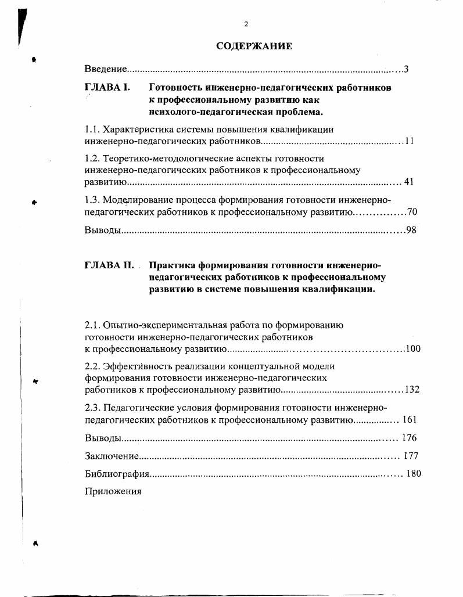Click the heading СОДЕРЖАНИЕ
pyautogui.click(x=254, y=46)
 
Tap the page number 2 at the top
pyautogui.click(x=246, y=24)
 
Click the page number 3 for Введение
pyautogui.click(x=407, y=70)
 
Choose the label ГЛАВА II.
pyautogui.click(x=109, y=265)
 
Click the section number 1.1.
pyautogui.click(x=93, y=129)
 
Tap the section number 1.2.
pyautogui.click(x=93, y=158)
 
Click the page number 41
pyautogui.click(x=408, y=182)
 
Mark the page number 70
pyautogui.click(x=412, y=212)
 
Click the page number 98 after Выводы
pyautogui.click(x=411, y=231)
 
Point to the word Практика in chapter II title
pyautogui.click(x=173, y=265)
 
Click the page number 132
pyautogui.click(x=412, y=390)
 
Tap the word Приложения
pyautogui.click(x=113, y=491)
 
